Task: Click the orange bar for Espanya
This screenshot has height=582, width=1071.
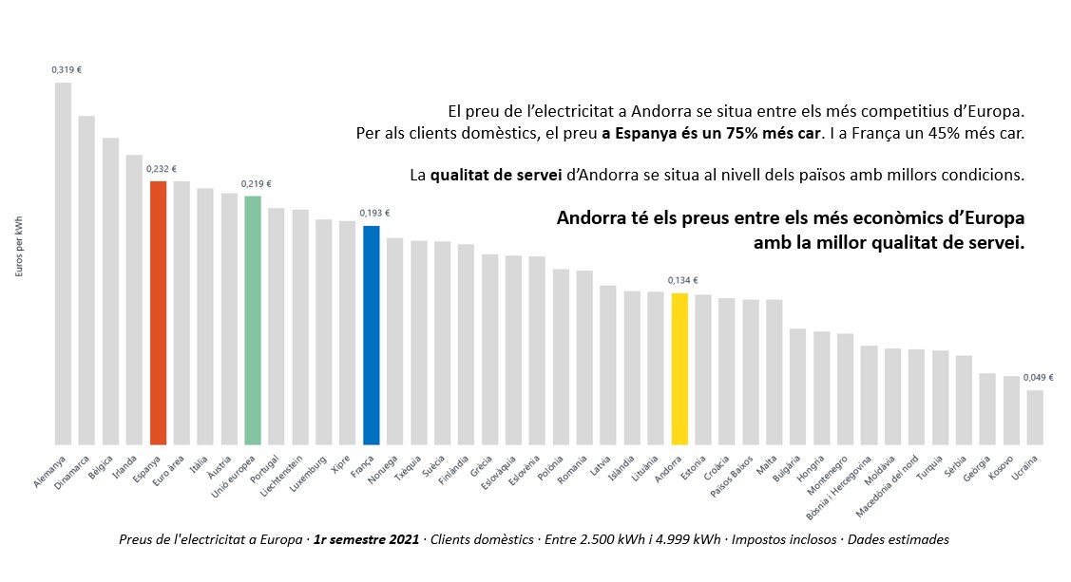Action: coord(159,312)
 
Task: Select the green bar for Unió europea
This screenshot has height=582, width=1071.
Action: coord(253,320)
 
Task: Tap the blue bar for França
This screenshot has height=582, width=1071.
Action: coord(372,335)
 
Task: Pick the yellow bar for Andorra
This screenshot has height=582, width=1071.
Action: coord(679,368)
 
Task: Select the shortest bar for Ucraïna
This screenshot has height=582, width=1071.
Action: coord(1035,417)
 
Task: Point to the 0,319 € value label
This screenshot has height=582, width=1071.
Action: coord(67,68)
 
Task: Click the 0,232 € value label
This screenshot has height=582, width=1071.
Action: coord(162,168)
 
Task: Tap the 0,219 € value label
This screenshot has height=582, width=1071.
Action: coord(257,183)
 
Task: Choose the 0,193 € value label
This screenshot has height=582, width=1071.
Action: coord(374,213)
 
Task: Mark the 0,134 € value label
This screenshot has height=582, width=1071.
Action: coord(682,280)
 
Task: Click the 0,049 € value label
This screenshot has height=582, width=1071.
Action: coord(1038,377)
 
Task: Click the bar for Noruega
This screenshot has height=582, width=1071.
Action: coord(395,341)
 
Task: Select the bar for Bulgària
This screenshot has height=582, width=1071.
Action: coord(797,386)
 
